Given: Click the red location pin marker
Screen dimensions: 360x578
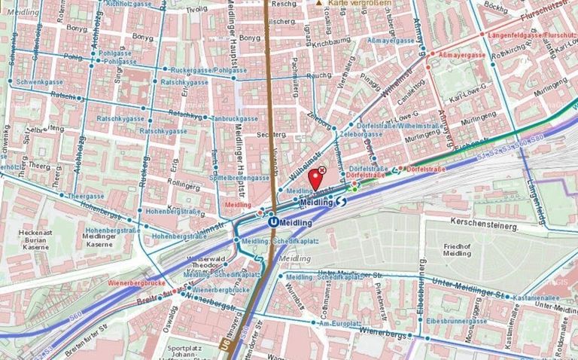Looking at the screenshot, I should click(x=316, y=179).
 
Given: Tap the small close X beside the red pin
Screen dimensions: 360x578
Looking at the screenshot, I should click(x=323, y=171).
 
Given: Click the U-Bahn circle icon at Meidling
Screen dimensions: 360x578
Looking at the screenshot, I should click(x=272, y=222).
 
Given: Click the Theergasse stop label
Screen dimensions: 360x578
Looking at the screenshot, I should click(x=84, y=196).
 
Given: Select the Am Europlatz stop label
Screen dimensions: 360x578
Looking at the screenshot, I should click(x=336, y=322).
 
